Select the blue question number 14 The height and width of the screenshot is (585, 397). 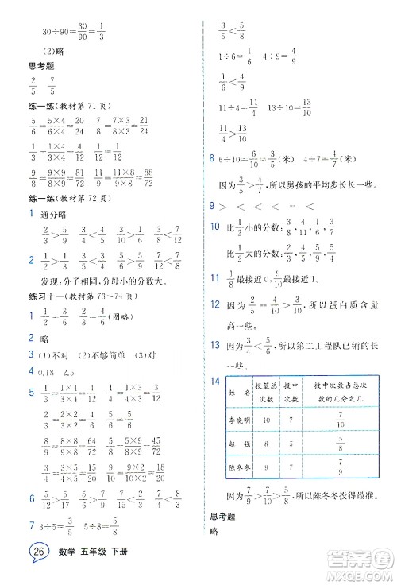tap(214, 381)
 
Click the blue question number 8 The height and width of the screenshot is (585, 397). tap(210, 159)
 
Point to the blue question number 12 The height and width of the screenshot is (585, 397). tap(214, 305)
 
